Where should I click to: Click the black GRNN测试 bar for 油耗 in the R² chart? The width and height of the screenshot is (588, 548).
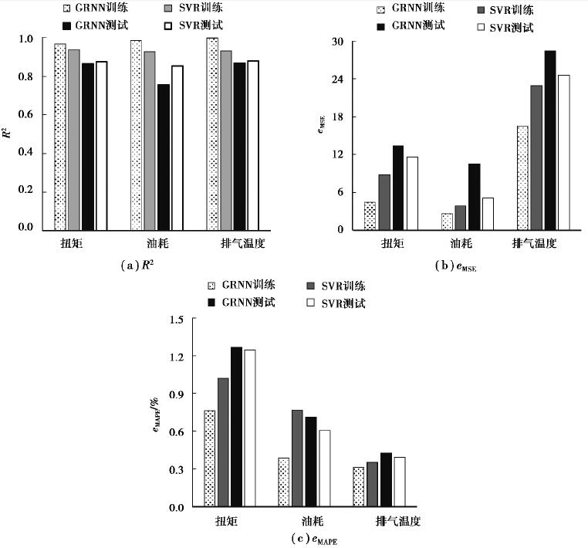pyautogui.click(x=164, y=157)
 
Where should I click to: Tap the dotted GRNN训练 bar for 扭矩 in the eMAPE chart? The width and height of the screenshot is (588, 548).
pyautogui.click(x=210, y=458)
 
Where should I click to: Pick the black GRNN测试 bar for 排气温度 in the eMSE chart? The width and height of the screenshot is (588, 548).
pyautogui.click(x=549, y=140)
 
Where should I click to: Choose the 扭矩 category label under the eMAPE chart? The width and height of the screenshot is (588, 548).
pyautogui.click(x=226, y=522)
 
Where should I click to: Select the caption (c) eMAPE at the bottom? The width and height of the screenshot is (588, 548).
pyautogui.click(x=311, y=539)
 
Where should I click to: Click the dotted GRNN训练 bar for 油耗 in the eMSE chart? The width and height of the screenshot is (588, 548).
pyautogui.click(x=447, y=222)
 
